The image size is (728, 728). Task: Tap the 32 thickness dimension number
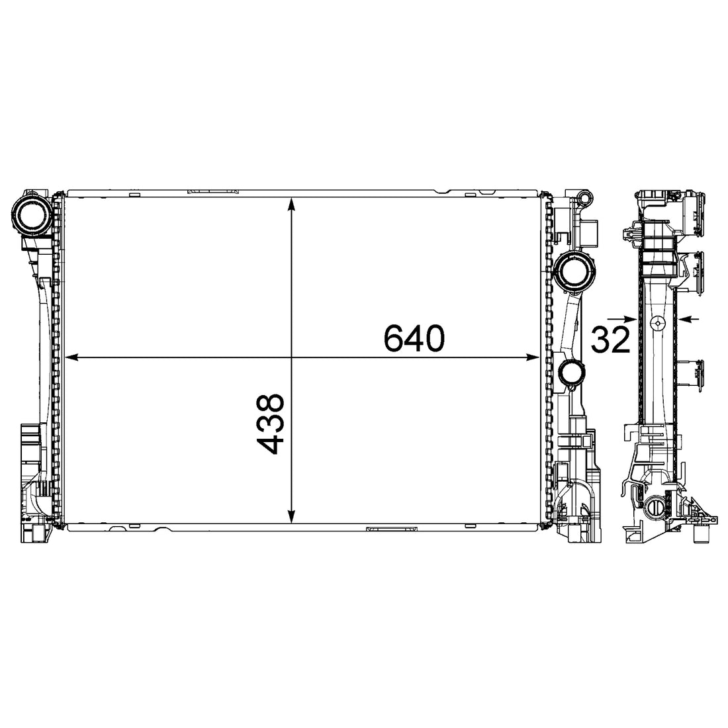tap(610, 340)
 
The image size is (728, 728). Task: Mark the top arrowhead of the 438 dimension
tap(292, 204)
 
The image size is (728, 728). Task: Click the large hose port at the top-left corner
tap(32, 214)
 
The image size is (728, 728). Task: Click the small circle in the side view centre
tap(657, 322)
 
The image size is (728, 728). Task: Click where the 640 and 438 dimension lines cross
tap(292, 358)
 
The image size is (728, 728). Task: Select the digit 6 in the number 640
tap(395, 339)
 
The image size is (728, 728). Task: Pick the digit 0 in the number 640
tap(433, 339)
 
